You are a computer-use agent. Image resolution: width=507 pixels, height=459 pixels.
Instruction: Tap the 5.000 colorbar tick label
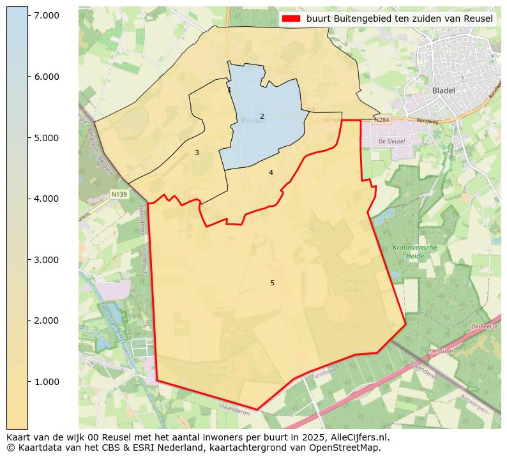tap(46, 138)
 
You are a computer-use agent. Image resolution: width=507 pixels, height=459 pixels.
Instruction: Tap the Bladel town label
tap(443, 91)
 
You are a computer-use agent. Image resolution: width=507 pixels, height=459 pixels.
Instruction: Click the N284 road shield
tap(381, 120)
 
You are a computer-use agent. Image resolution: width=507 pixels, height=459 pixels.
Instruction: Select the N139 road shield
tap(119, 194)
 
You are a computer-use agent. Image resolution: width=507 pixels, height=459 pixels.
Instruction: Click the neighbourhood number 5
tap(272, 283)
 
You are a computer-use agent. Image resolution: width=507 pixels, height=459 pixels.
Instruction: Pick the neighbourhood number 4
tap(271, 172)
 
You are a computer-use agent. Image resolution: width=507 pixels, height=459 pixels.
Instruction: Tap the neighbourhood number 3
tap(197, 153)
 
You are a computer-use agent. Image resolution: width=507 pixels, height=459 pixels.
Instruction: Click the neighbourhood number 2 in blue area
tap(262, 116)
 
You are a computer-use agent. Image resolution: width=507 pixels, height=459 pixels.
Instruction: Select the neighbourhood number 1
tap(229, 90)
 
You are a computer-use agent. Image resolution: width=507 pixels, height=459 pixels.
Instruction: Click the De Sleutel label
tap(391, 141)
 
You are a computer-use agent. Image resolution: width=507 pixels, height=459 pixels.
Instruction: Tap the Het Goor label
tap(441, 351)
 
